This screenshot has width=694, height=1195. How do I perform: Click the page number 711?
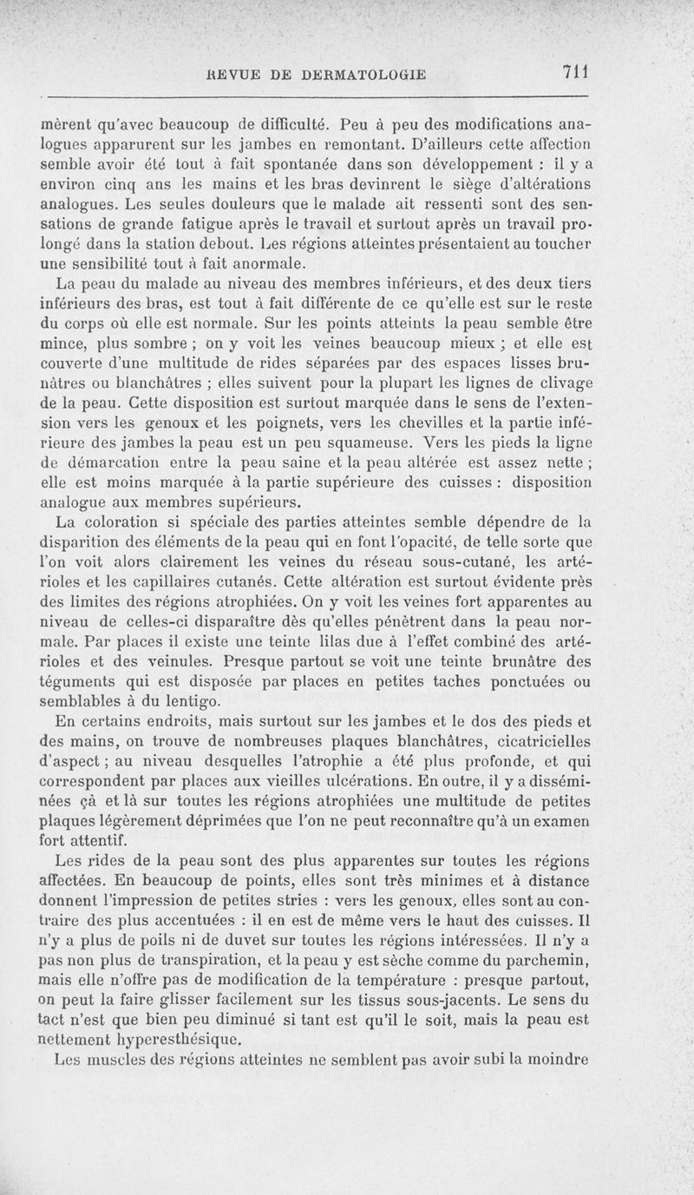pyautogui.click(x=576, y=72)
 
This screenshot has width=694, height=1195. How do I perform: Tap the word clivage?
pyautogui.click(x=560, y=382)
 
